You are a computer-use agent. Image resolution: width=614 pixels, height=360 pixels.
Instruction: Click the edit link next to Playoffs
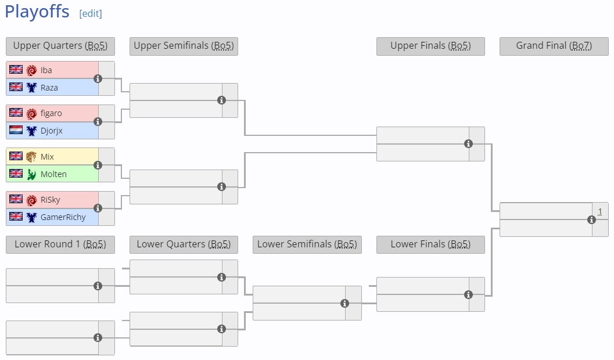[x=91, y=13]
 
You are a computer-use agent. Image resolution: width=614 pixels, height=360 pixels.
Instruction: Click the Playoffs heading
[x=37, y=12]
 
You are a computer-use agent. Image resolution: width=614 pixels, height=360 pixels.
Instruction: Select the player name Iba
[x=46, y=70]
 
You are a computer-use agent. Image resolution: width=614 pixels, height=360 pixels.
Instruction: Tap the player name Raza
[x=49, y=88]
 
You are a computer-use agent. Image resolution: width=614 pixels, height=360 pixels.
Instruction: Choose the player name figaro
[x=51, y=113]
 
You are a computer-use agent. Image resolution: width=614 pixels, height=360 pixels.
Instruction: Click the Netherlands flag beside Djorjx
[x=16, y=131]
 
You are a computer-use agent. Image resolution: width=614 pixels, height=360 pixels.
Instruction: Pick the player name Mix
[x=47, y=157]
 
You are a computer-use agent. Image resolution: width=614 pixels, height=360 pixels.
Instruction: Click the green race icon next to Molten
[x=31, y=174]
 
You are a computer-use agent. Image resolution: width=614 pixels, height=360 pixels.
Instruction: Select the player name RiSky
[x=51, y=200]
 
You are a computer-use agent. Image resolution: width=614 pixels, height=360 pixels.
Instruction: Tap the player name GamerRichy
[x=63, y=217]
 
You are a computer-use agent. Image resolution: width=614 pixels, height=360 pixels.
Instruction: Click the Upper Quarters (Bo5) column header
[x=60, y=46]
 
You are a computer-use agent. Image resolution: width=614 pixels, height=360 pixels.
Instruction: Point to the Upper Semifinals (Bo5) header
[x=184, y=46]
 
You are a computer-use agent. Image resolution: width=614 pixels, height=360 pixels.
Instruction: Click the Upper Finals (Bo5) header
[x=430, y=46]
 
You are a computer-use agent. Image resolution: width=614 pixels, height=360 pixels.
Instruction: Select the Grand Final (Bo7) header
[x=554, y=46]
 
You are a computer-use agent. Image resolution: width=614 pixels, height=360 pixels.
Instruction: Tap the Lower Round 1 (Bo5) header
[x=60, y=244]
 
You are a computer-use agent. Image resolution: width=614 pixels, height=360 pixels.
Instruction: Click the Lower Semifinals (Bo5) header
[x=307, y=244]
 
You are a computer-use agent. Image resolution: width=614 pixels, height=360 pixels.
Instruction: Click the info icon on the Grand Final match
[x=591, y=219]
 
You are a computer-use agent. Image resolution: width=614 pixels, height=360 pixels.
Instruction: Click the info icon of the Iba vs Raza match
[x=98, y=78]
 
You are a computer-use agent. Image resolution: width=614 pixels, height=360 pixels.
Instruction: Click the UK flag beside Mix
[x=16, y=157]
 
